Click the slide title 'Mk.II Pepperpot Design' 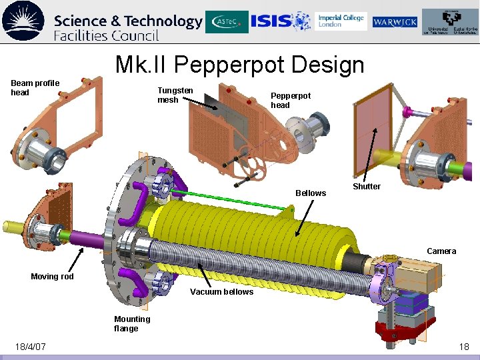point(239,65)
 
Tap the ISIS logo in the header point(281,21)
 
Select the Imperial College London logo point(341,21)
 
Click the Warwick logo point(395,22)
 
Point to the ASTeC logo point(227,21)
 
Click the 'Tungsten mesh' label point(175,95)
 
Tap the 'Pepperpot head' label point(290,101)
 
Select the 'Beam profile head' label point(35,87)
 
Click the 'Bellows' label point(311,193)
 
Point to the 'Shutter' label point(367,187)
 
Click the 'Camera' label point(441,251)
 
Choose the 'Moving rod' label point(52,277)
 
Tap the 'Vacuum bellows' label point(221,292)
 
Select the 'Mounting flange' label point(132,323)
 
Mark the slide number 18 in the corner point(464,347)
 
